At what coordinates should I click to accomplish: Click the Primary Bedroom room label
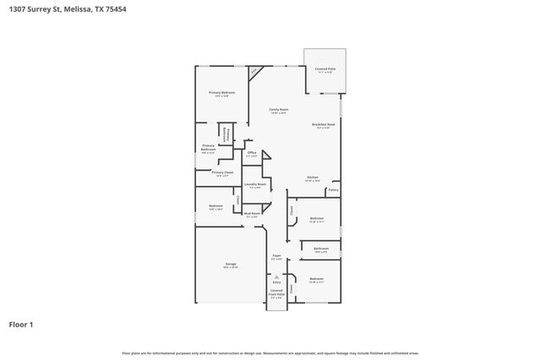coord(221,92)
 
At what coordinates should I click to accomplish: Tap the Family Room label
coord(279,110)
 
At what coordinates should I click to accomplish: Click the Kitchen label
coord(312,177)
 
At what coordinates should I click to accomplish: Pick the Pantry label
coord(334,190)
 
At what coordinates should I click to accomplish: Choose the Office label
coord(252,152)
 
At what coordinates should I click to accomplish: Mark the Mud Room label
coord(252,214)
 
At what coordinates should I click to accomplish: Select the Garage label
coord(231,264)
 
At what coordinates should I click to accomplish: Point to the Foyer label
coord(276,255)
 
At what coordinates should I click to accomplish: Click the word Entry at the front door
coord(276,281)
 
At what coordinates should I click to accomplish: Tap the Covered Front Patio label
coord(276,293)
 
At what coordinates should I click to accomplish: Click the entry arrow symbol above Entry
coord(276,275)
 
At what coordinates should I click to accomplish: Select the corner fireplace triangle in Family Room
coord(253,71)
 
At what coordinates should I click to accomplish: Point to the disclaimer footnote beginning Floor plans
coord(270,352)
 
